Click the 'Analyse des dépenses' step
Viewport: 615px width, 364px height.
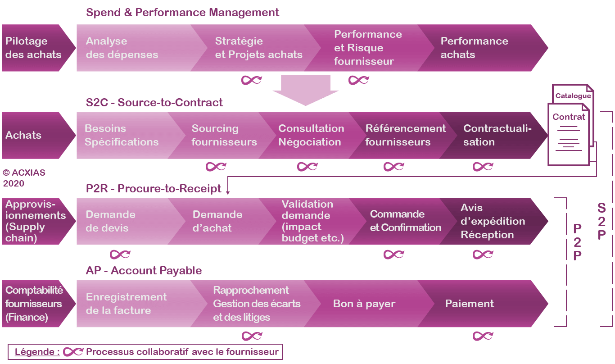tap(122, 48)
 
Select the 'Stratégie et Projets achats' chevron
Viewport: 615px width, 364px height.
tap(258, 48)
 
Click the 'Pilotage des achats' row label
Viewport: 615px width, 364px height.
tap(33, 48)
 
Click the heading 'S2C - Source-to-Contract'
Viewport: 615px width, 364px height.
tap(154, 103)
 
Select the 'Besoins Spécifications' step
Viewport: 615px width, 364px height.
tap(122, 135)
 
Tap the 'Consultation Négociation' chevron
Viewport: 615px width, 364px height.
tap(311, 135)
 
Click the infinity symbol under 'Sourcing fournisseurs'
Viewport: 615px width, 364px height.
tap(216, 167)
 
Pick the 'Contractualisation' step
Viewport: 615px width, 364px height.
tap(497, 135)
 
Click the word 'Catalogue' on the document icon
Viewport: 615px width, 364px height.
tap(573, 96)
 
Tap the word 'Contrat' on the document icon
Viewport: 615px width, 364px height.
tap(569, 117)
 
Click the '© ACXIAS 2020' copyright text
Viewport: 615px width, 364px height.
tap(24, 178)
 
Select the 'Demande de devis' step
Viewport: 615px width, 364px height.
tap(111, 221)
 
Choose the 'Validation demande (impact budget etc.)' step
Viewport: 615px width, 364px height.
tap(313, 221)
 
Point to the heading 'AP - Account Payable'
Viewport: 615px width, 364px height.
tap(144, 271)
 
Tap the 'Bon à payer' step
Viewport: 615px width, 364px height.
tap(364, 304)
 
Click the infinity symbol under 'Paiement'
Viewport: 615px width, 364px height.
tap(483, 336)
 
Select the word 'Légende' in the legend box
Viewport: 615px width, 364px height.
tap(37, 352)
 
